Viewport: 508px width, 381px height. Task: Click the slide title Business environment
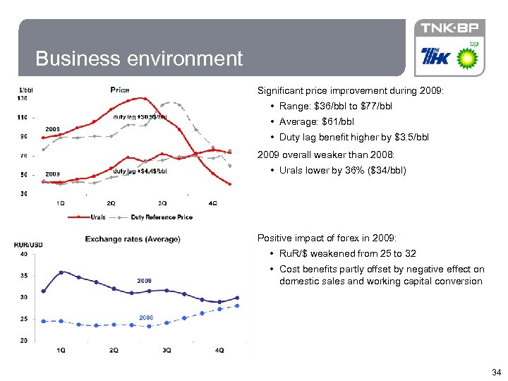point(138,59)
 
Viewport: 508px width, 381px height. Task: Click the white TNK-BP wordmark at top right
point(449,28)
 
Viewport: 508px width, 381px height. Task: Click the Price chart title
point(119,90)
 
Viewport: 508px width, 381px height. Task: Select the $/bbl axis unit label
point(27,90)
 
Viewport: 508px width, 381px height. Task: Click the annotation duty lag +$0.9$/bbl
point(140,116)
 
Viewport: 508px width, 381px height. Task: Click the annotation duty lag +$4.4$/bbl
point(140,171)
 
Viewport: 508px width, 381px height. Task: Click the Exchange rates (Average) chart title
point(133,239)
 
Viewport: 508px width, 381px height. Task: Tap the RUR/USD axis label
point(28,245)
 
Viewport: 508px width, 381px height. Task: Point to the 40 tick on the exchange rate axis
point(23,254)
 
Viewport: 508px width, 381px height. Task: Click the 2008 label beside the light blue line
point(145,317)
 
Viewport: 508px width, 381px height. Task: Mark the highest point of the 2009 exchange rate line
point(61,272)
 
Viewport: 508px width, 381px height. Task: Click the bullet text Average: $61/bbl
point(317,121)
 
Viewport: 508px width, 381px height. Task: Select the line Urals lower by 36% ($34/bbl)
point(342,170)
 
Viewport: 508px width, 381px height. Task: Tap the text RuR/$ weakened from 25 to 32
point(347,253)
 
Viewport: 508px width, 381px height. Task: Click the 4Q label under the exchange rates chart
point(219,350)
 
